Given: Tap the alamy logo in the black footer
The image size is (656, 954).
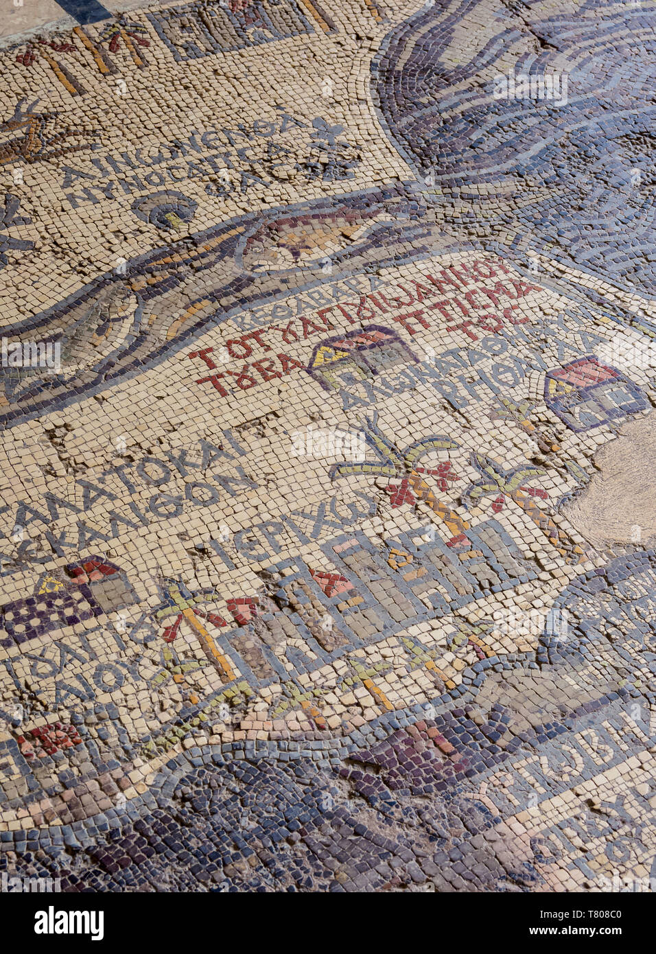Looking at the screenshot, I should pos(69,922).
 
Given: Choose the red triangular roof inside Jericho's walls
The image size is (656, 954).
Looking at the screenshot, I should pos(333,583).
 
